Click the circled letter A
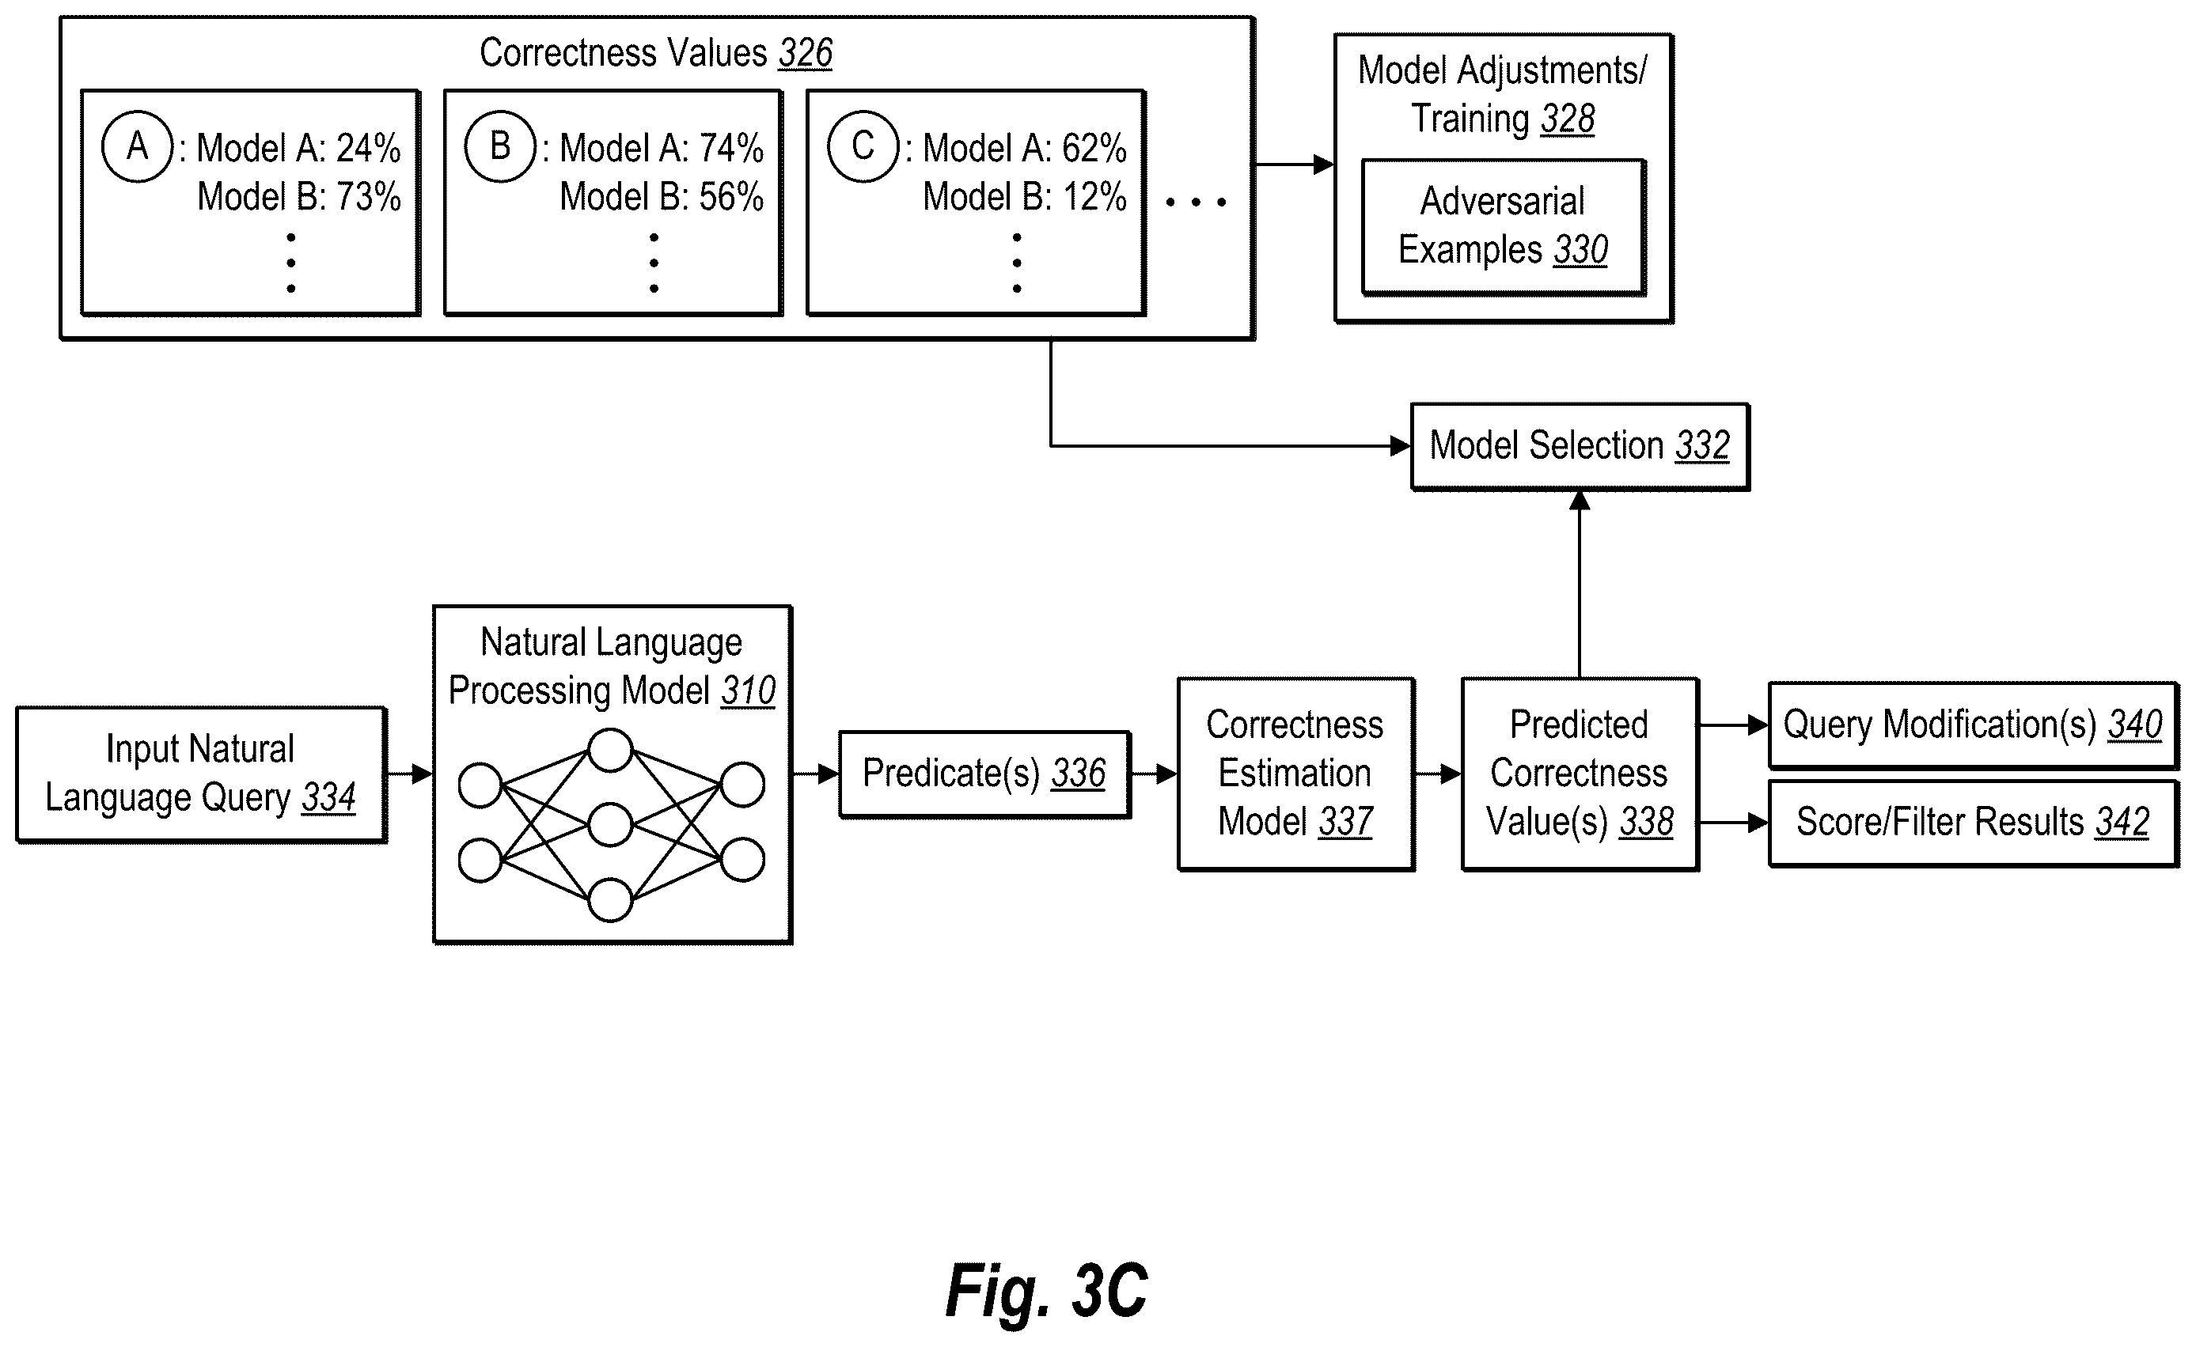137,146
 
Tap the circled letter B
500,146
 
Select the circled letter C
863,146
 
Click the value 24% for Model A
368,148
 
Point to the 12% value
1094,196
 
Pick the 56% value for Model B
730,196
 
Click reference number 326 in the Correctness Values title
806,54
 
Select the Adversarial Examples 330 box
1504,227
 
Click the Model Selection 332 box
1580,446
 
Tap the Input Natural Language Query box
202,774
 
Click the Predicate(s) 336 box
984,774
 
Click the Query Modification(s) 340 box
1973,725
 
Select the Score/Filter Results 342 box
1973,823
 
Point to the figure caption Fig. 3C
1046,1290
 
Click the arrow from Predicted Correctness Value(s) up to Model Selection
1580,584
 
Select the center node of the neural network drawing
610,825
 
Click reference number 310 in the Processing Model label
749,691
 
